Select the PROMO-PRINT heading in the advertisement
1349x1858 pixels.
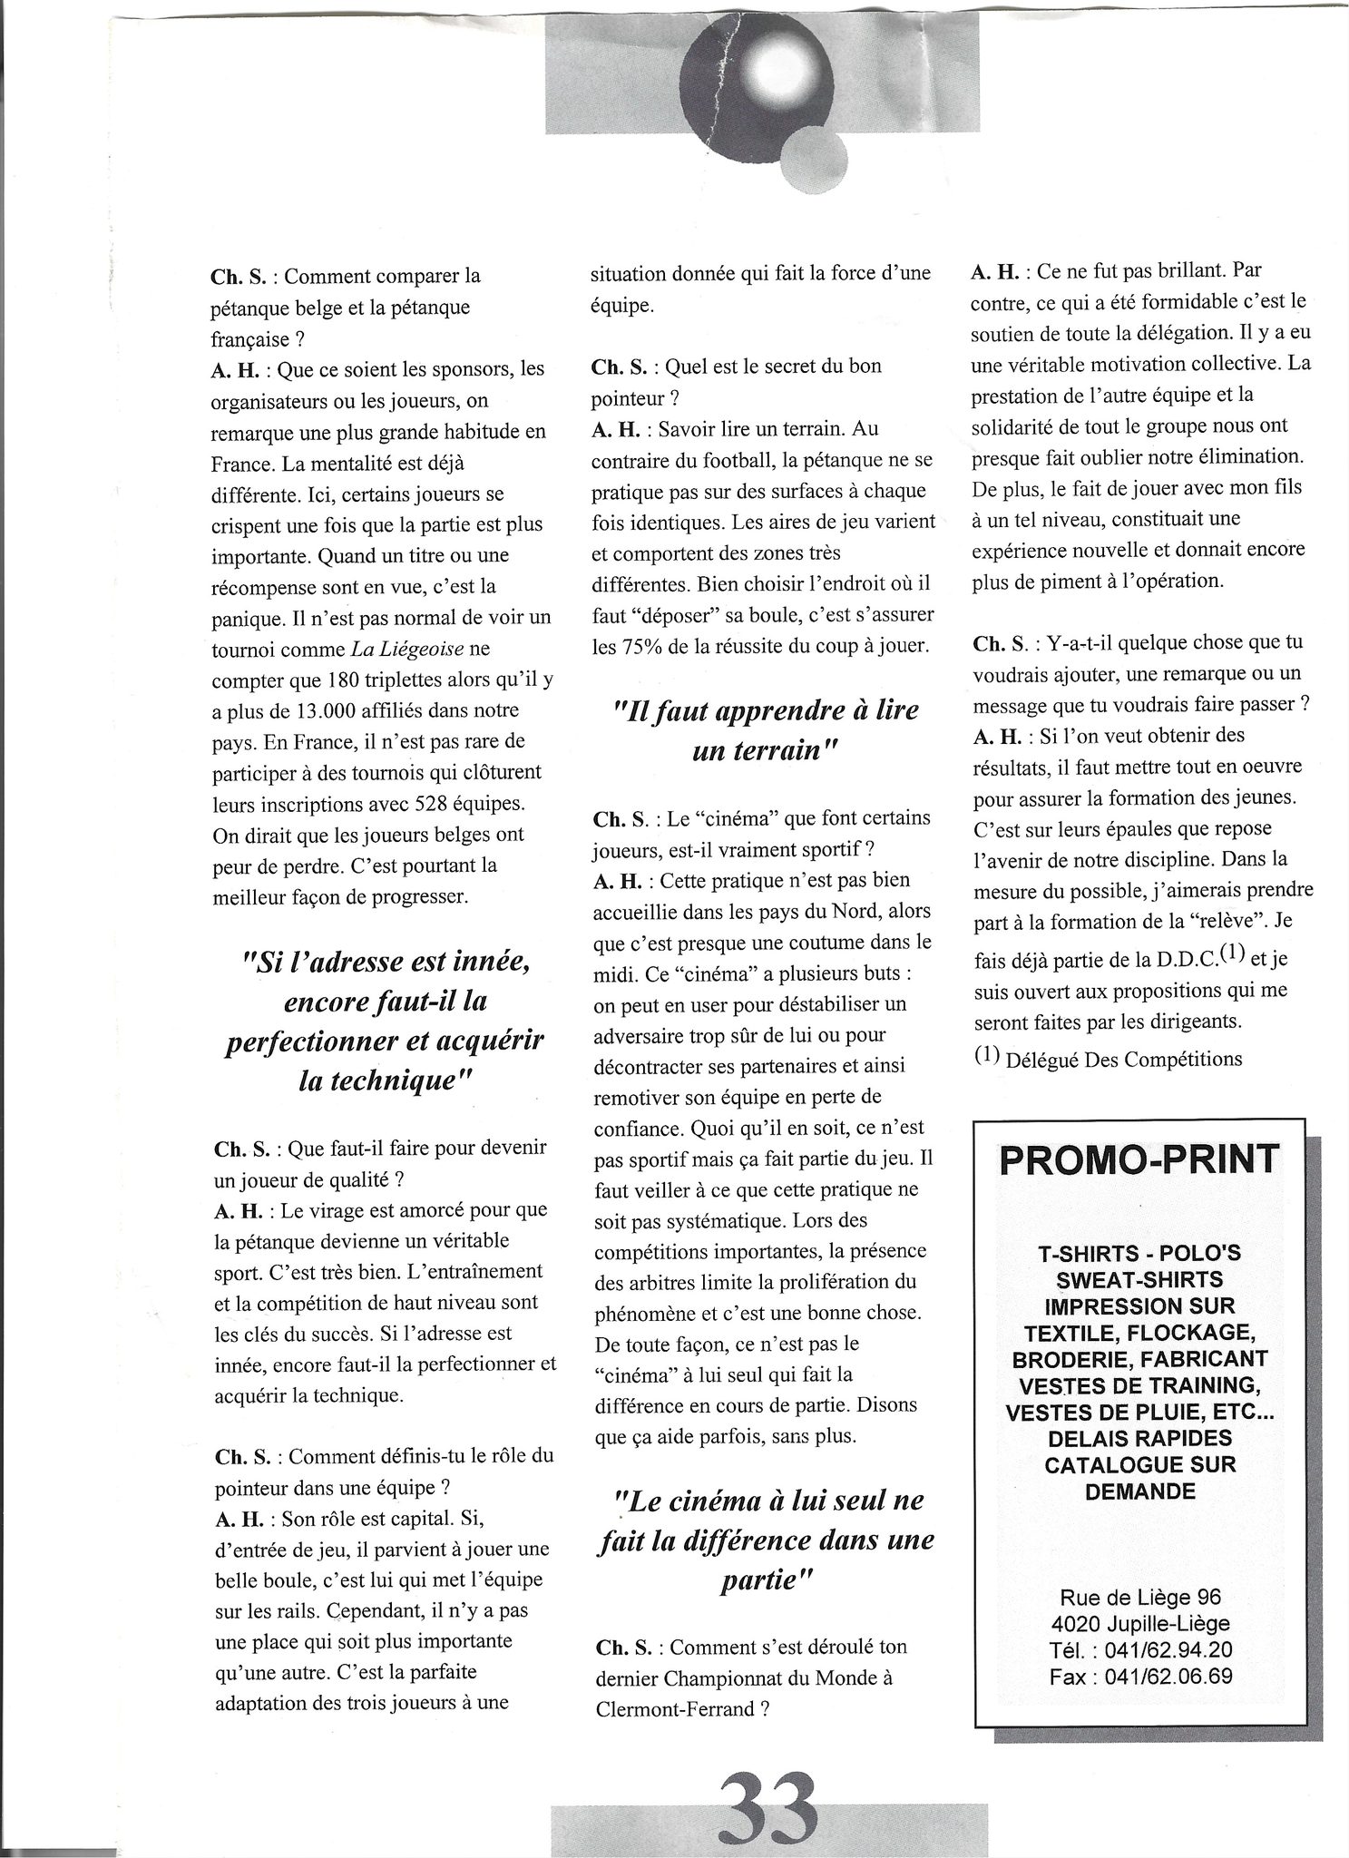tap(1139, 1159)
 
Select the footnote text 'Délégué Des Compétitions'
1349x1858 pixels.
tap(1123, 1059)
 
